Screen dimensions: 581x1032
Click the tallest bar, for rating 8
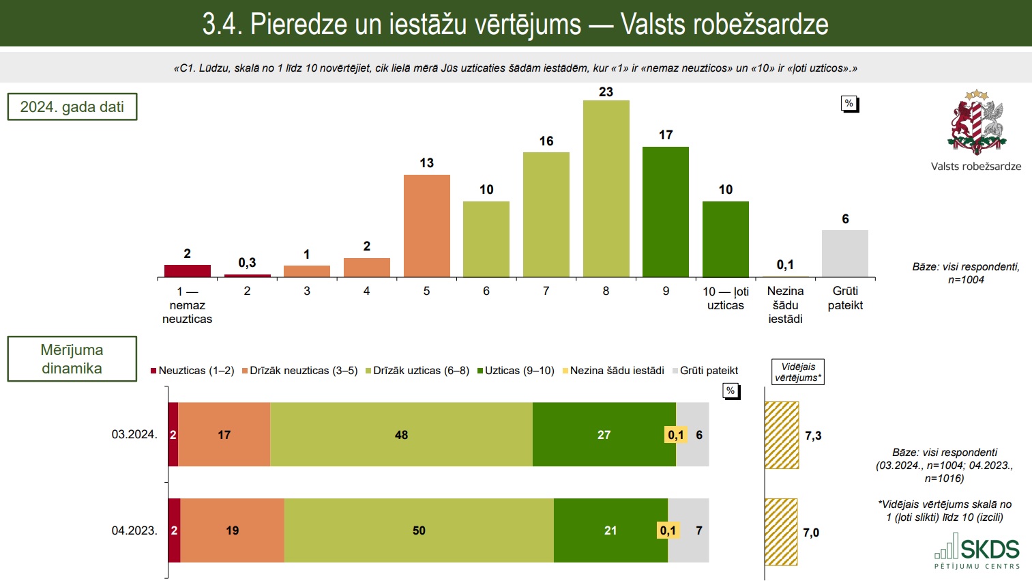[606, 188]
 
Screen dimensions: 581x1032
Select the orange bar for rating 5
[426, 226]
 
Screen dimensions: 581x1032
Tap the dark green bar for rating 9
[665, 212]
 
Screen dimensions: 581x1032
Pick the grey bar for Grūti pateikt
[844, 253]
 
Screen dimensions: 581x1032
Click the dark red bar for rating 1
[188, 271]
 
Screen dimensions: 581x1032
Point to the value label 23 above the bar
[606, 92]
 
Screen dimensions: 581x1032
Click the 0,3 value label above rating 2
[247, 263]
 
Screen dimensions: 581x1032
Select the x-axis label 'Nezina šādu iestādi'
[785, 304]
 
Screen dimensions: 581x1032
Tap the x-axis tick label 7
[546, 291]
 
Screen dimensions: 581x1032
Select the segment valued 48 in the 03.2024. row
[401, 435]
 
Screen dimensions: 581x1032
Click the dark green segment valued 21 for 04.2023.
[610, 530]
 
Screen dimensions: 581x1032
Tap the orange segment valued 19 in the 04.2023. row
[232, 530]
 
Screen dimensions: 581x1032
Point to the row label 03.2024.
[134, 434]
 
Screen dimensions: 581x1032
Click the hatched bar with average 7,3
[782, 435]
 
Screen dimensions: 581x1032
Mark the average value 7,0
[811, 533]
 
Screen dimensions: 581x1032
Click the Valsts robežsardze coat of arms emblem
[976, 123]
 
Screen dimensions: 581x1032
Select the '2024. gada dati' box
[72, 107]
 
